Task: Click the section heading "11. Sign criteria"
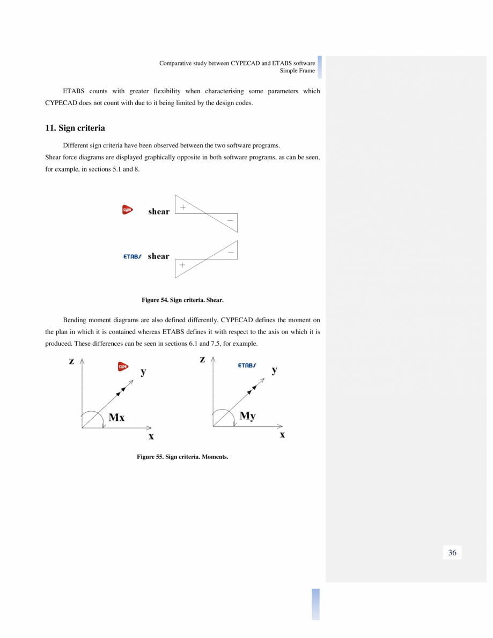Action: click(75, 128)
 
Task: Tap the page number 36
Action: click(452, 553)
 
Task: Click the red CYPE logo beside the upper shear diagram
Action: click(127, 210)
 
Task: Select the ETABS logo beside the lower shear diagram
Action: click(132, 256)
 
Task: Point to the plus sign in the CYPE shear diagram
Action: click(183, 207)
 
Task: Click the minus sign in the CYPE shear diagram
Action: click(230, 220)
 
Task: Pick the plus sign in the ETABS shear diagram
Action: click(182, 265)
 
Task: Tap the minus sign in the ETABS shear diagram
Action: click(231, 251)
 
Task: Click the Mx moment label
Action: click(116, 417)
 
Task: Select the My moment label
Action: click(247, 416)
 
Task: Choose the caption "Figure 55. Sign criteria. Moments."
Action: click(182, 457)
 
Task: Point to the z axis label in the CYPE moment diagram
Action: click(71, 361)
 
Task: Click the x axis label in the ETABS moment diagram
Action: click(282, 434)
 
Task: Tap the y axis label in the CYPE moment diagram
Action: click(143, 372)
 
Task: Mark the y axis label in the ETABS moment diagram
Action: click(274, 369)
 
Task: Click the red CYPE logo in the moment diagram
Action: click(123, 367)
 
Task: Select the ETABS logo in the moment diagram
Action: click(247, 365)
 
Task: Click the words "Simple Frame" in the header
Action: click(297, 71)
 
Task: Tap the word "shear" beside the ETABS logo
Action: click(158, 256)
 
